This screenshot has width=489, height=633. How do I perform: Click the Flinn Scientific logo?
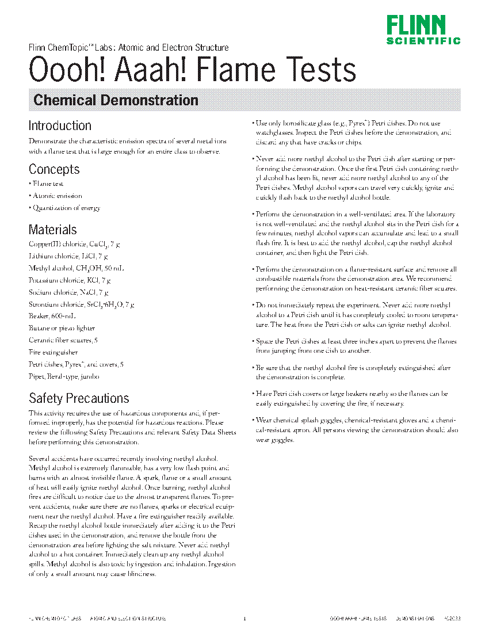[423, 30]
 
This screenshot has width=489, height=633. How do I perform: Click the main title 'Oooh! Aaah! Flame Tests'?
[192, 70]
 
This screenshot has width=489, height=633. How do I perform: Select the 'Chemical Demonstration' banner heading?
[116, 100]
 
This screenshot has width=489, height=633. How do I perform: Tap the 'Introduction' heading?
[60, 125]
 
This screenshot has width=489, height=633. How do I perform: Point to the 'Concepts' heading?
[54, 169]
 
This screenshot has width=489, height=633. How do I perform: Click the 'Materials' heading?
[52, 230]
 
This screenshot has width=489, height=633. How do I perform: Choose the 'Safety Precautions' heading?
[79, 398]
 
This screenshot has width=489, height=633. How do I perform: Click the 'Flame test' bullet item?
[48, 184]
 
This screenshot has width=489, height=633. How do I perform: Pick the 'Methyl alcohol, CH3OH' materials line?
[76, 268]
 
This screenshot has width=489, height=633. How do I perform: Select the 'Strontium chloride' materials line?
[81, 304]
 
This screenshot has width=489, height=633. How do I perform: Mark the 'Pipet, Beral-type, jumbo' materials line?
[64, 376]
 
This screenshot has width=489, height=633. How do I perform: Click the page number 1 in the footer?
[244, 619]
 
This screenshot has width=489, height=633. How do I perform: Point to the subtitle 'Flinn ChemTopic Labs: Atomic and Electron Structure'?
[128, 48]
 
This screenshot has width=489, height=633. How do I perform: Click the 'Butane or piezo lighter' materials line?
[62, 328]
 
